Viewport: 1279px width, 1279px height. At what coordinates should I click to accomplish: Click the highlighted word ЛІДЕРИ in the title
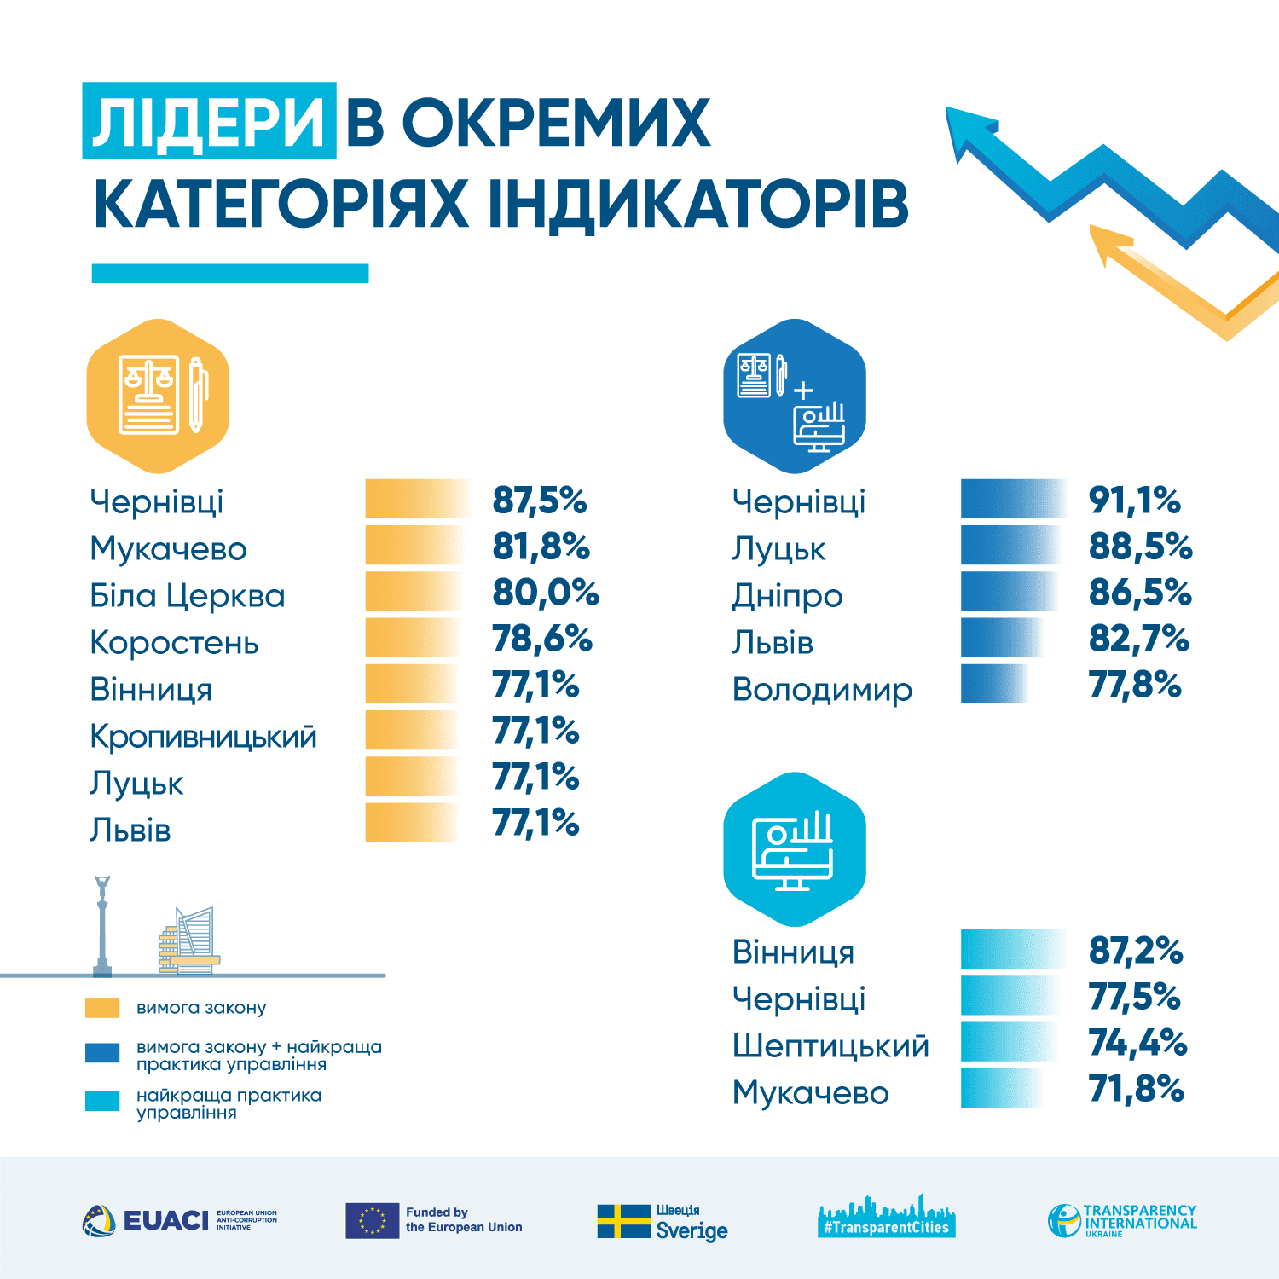click(x=209, y=121)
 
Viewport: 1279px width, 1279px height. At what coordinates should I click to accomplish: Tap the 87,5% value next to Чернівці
click(x=539, y=501)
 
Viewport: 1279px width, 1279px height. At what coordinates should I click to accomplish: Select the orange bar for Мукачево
click(x=415, y=546)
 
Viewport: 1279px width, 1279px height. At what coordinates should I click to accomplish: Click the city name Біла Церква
click(x=188, y=595)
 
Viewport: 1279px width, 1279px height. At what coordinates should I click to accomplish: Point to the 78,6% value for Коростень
click(x=541, y=639)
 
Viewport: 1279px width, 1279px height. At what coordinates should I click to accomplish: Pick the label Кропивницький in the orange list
click(x=203, y=736)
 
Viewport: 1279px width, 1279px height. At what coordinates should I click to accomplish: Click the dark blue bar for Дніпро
click(x=1010, y=592)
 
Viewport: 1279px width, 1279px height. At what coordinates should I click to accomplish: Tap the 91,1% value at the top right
click(x=1134, y=501)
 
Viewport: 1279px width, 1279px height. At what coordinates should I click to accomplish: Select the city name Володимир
click(x=822, y=689)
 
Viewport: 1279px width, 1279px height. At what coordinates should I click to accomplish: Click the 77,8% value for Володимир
click(x=1135, y=685)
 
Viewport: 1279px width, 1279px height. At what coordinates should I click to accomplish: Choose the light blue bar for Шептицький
click(x=1010, y=1042)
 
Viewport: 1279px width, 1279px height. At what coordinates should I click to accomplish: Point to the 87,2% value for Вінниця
click(x=1136, y=950)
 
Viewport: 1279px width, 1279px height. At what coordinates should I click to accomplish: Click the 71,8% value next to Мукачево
click(x=1136, y=1089)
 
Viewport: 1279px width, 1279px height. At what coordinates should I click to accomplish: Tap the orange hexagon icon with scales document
click(x=159, y=396)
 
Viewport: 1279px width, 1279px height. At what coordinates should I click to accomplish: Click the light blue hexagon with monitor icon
click(x=795, y=849)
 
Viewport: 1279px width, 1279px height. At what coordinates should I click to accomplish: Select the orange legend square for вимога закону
click(x=102, y=1008)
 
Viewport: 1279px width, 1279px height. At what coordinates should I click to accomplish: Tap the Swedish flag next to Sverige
click(x=623, y=1221)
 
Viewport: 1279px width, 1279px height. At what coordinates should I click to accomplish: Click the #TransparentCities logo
click(x=887, y=1218)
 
